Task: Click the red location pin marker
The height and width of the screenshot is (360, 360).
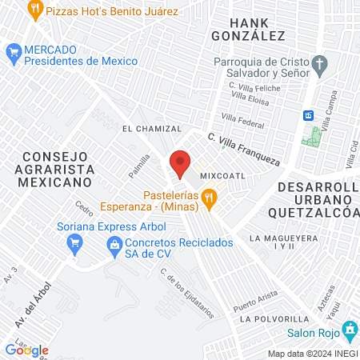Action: tap(180, 163)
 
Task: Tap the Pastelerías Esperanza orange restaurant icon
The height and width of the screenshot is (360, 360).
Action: tap(209, 198)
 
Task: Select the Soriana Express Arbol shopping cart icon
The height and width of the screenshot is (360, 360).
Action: tap(76, 241)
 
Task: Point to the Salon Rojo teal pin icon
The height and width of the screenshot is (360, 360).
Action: tap(350, 329)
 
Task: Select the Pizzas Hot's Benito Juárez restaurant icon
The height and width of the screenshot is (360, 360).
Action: tap(34, 10)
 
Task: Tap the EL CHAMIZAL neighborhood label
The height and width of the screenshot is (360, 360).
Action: tap(152, 128)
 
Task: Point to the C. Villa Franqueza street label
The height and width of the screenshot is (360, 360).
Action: tap(245, 149)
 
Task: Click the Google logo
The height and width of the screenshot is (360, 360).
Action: tap(26, 350)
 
